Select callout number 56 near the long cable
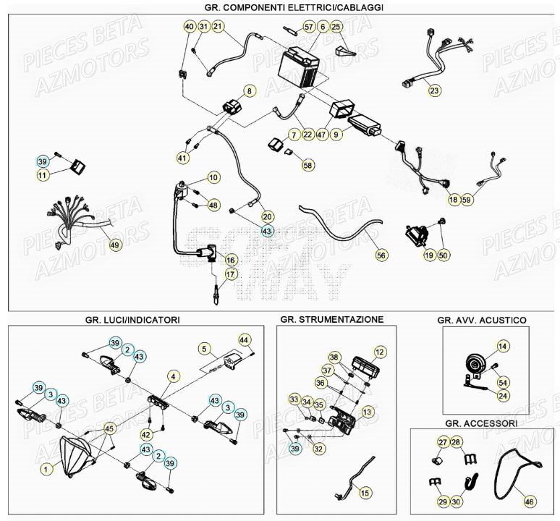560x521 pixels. (381, 255)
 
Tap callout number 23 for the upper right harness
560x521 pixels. (434, 91)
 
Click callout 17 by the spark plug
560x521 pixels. (231, 274)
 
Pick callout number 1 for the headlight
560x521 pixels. (46, 470)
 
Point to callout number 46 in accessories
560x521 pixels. (530, 500)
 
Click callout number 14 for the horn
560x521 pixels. (503, 346)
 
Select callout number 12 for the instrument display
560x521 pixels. (380, 351)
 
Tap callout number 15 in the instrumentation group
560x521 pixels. (365, 493)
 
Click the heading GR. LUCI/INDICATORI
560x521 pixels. (132, 319)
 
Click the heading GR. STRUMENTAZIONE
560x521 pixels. (331, 318)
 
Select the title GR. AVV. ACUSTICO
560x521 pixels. (481, 319)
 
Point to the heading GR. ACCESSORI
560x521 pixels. (481, 423)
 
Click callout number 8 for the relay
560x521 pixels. (250, 91)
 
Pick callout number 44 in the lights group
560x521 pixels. (244, 339)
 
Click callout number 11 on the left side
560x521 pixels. (43, 175)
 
